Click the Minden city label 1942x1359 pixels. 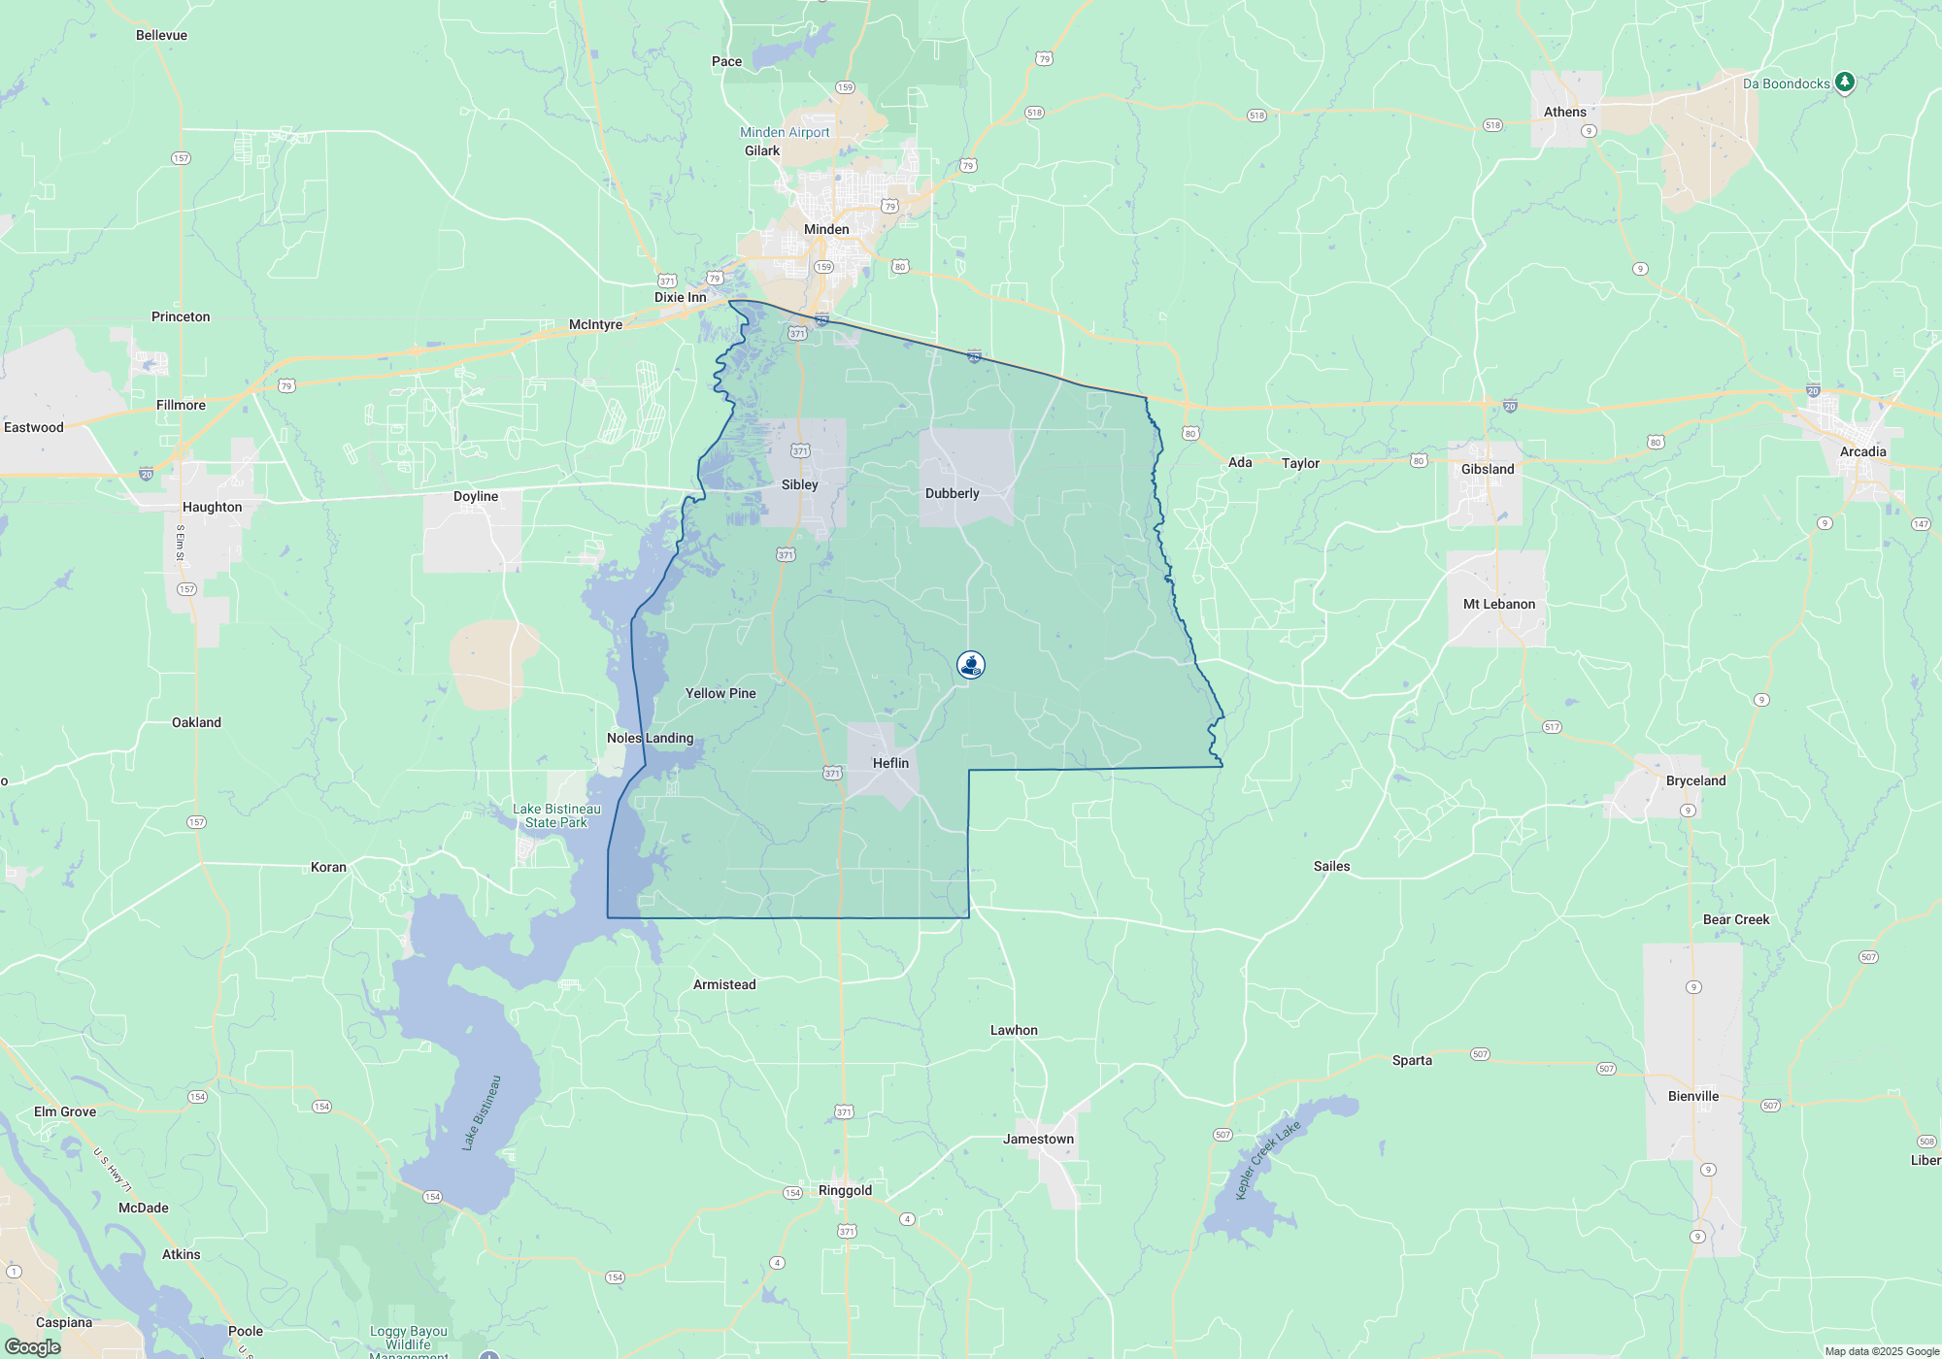click(x=826, y=229)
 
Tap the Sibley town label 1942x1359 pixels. click(x=799, y=484)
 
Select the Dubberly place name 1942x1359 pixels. click(x=952, y=493)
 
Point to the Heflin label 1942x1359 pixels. click(x=890, y=763)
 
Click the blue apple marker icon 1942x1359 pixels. click(x=971, y=665)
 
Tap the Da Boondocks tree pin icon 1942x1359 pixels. click(x=1845, y=83)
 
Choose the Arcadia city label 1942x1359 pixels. click(x=1862, y=451)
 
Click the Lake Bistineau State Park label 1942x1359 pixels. click(x=556, y=815)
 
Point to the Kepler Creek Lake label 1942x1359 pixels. click(x=1267, y=1160)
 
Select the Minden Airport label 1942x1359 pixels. click(x=785, y=132)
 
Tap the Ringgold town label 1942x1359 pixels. click(x=845, y=1190)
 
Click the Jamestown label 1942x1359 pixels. click(x=1038, y=1139)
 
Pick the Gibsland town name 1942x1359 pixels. click(x=1488, y=469)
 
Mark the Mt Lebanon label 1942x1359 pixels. click(x=1499, y=604)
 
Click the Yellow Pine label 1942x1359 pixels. click(x=720, y=693)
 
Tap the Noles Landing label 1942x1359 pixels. click(x=651, y=738)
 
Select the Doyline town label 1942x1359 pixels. click(x=476, y=496)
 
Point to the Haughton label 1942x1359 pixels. click(x=212, y=507)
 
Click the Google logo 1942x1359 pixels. click(x=33, y=1346)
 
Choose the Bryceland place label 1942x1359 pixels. click(x=1695, y=780)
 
